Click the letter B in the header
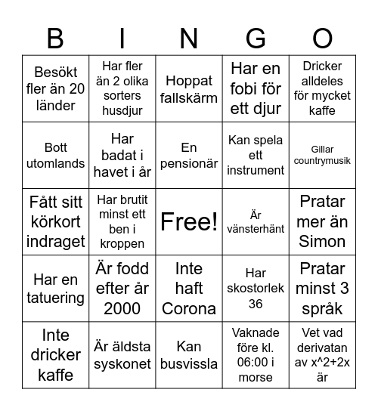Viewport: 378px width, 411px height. coord(56,38)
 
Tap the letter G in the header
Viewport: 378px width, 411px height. coord(256,38)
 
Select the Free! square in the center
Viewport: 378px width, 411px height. coord(189,221)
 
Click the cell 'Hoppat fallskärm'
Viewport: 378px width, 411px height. coord(189,88)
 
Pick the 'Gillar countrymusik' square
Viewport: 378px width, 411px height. coord(322,155)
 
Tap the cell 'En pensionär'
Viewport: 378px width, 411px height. coord(189,155)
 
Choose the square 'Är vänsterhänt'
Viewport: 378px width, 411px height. coord(256,221)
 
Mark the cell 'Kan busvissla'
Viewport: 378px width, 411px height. coord(189,355)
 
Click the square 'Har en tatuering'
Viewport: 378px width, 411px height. coord(56,289)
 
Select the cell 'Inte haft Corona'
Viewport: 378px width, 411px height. coord(189,289)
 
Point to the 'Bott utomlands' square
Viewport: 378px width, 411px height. coord(56,155)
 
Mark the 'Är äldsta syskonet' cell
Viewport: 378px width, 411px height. coord(122,355)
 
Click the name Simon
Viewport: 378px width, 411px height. coord(322,242)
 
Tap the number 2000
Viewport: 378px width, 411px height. coord(122,308)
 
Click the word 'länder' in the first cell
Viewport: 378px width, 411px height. coord(56,105)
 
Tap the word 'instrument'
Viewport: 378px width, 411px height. coord(256,170)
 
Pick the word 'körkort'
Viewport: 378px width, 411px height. coord(56,221)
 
